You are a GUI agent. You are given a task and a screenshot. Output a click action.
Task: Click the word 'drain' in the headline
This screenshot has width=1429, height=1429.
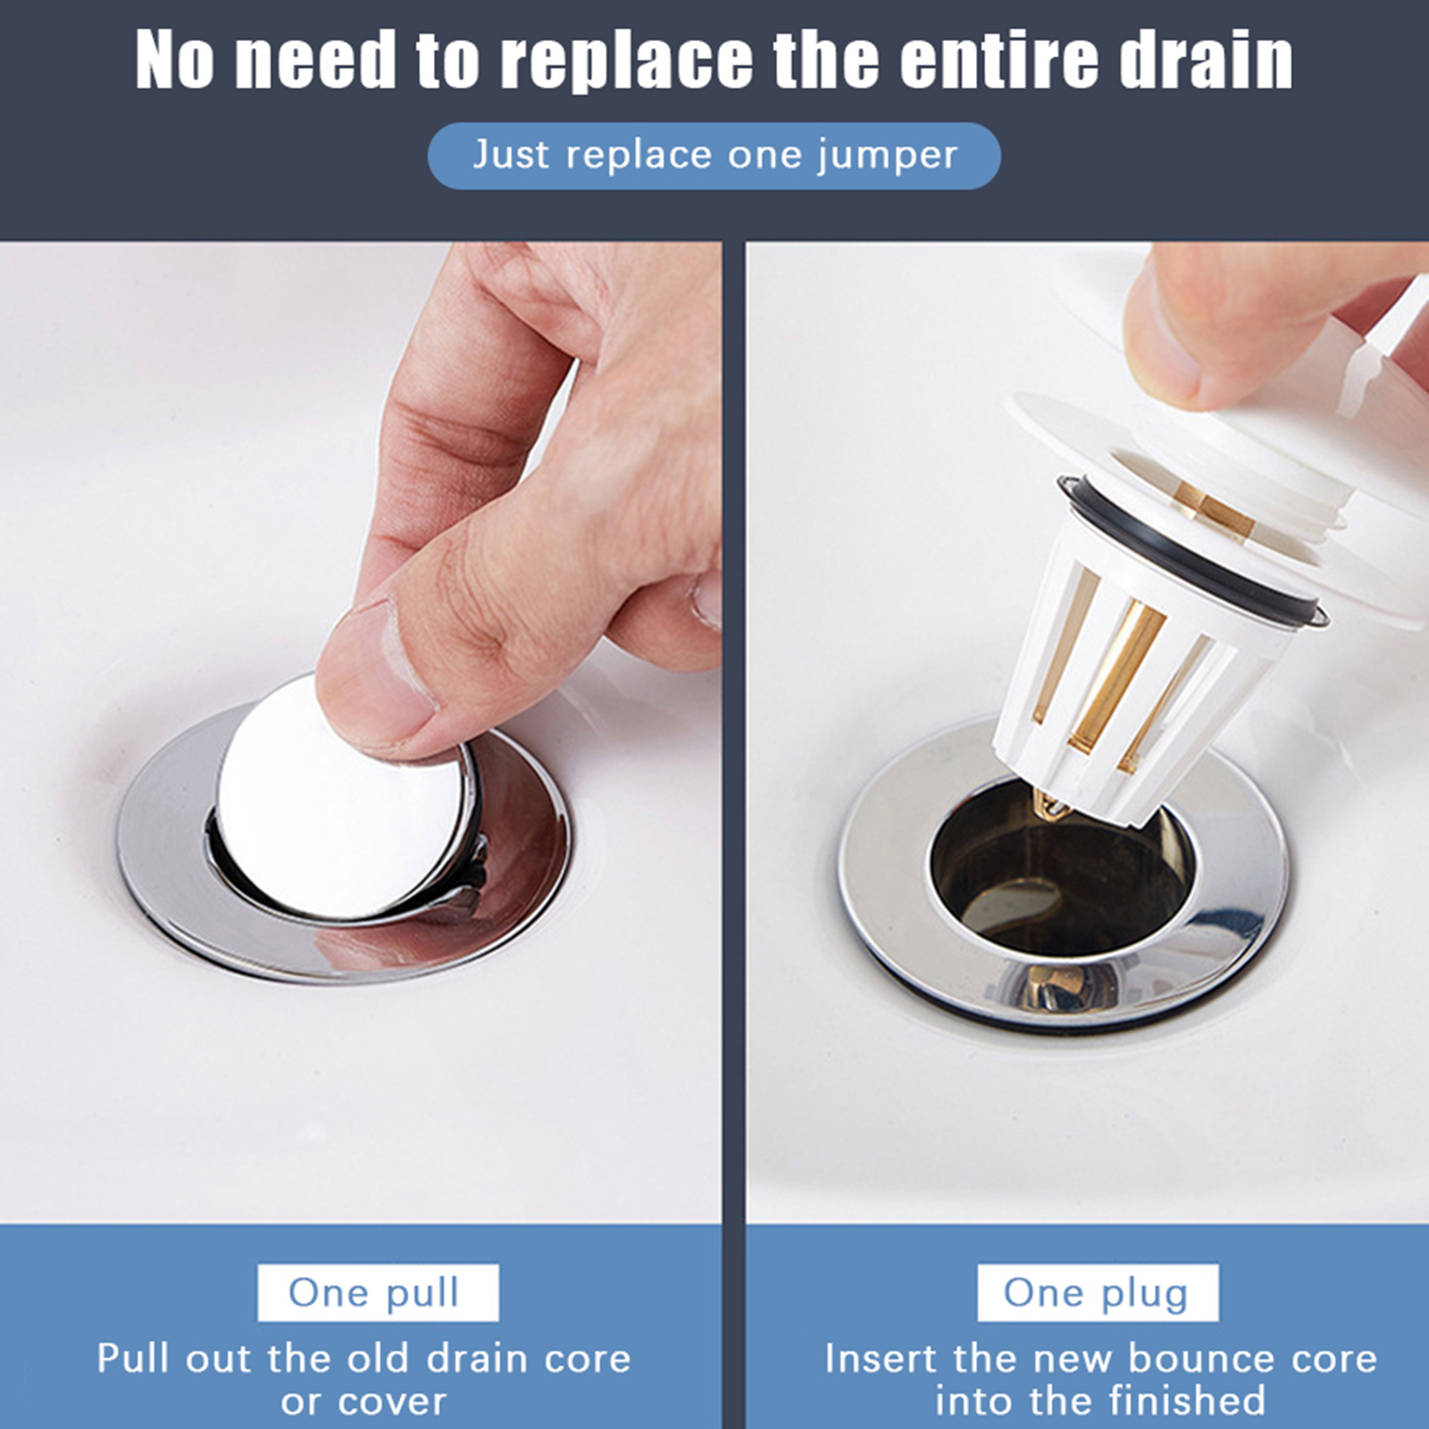tap(1206, 60)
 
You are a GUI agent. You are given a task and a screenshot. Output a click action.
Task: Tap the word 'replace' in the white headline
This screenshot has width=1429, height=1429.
tap(627, 60)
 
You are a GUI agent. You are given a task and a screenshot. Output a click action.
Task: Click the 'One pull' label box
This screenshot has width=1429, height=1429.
tap(378, 1292)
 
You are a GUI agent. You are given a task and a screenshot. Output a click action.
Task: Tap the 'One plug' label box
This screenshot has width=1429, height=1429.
tap(1098, 1292)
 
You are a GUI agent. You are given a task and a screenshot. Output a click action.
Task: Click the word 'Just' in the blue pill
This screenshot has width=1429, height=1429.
tap(511, 155)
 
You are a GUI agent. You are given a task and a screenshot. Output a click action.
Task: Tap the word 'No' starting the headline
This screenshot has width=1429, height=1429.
tap(175, 60)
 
